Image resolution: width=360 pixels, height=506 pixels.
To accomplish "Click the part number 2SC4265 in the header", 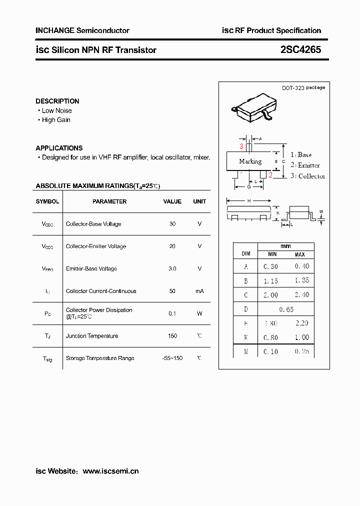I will coord(300,50).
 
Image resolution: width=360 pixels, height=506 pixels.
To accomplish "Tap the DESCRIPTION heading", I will coord(57,101).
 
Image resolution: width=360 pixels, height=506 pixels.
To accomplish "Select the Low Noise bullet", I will coord(56,110).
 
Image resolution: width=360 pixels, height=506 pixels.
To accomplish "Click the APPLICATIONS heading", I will coord(59,148).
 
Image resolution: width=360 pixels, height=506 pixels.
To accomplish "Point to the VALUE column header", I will coord(172,201).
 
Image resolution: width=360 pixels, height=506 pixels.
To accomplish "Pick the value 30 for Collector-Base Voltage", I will coord(172,224).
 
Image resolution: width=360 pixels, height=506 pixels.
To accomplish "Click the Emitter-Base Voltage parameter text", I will coord(91,268).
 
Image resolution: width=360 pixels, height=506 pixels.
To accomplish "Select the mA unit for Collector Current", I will coord(199,291).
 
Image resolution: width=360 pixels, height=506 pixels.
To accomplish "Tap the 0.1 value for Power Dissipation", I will coord(172,313).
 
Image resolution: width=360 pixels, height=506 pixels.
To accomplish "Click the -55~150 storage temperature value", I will coord(172,358).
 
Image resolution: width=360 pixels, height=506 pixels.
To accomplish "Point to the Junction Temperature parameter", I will coord(92,336).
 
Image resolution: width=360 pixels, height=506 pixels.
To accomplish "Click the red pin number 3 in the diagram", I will coord(241,146).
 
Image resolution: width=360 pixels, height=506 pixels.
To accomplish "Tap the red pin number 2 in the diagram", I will coord(270,174).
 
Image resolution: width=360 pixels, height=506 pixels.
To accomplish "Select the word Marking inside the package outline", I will coord(250,161).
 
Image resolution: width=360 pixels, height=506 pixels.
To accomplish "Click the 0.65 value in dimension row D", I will coord(286,309).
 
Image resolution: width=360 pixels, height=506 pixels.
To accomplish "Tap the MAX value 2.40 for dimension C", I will coord(301,295).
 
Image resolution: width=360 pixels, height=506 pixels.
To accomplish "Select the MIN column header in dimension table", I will coord(271,254).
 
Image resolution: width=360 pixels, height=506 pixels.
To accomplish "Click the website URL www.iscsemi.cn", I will coord(110,471).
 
